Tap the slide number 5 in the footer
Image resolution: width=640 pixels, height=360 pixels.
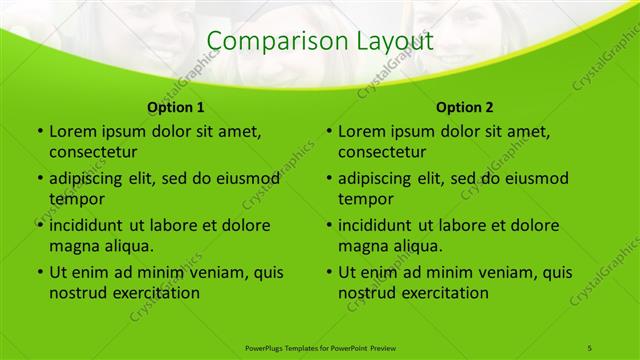(x=590, y=347)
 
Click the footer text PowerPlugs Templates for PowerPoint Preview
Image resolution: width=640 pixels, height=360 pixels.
(x=320, y=347)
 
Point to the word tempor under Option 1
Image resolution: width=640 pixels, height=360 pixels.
(x=76, y=199)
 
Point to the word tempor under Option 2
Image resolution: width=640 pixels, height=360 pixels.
(x=366, y=199)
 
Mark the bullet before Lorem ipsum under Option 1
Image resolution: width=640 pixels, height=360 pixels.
(x=39, y=131)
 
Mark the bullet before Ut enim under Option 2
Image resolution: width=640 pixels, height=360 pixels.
(x=329, y=272)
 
